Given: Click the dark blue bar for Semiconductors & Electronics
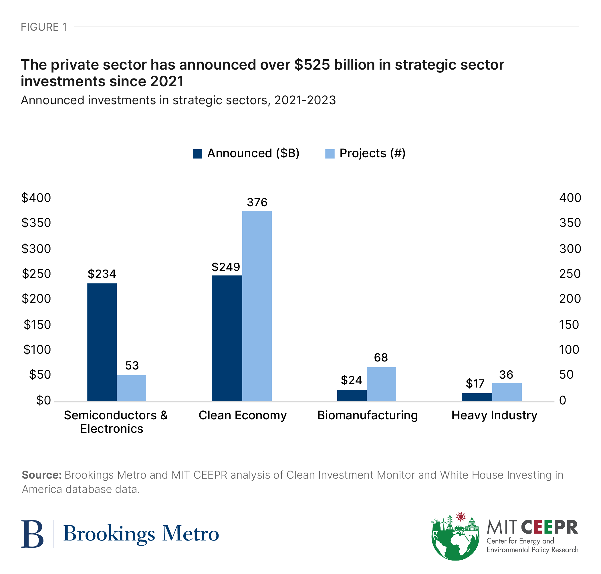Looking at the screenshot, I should click(x=102, y=342).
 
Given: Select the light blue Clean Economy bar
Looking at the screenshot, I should click(x=257, y=306).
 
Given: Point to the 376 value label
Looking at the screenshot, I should click(x=257, y=202).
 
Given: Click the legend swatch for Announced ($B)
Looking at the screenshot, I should click(x=197, y=154).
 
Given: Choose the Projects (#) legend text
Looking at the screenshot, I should click(x=372, y=153).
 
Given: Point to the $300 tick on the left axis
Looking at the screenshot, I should click(x=36, y=248).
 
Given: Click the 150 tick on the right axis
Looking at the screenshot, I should click(x=569, y=324).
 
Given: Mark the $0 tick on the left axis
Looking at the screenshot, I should click(x=43, y=400).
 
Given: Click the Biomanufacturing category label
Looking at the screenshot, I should click(x=367, y=415).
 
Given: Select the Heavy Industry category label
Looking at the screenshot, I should click(x=494, y=415).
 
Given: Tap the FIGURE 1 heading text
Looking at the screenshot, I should click(x=44, y=27).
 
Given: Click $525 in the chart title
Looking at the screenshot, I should click(x=312, y=65).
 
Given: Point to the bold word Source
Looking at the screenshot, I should click(x=41, y=475).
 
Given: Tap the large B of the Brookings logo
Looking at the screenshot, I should click(x=32, y=534).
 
